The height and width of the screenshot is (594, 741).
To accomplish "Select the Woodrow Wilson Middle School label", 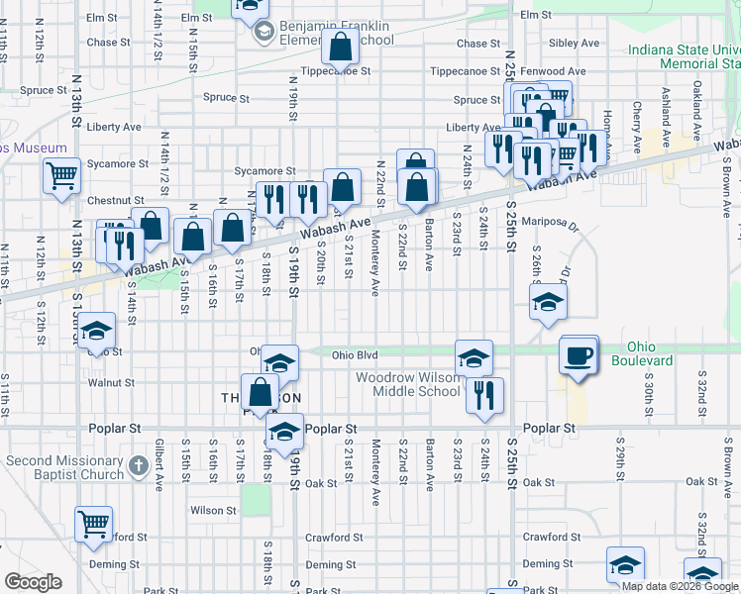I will (x=408, y=384).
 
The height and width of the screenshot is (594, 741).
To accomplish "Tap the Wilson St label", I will (x=214, y=511).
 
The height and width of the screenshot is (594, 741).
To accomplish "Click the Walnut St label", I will (x=111, y=381).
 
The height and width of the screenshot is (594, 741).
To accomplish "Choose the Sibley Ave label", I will (x=576, y=44).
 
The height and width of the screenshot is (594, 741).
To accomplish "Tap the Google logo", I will (x=33, y=582).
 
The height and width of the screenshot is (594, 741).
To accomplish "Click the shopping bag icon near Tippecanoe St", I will (x=340, y=47).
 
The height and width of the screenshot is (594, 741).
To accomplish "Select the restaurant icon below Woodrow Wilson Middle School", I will (x=484, y=393).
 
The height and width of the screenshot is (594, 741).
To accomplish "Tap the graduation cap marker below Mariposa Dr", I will (x=546, y=303).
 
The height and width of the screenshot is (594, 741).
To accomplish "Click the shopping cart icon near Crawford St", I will (x=94, y=525).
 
